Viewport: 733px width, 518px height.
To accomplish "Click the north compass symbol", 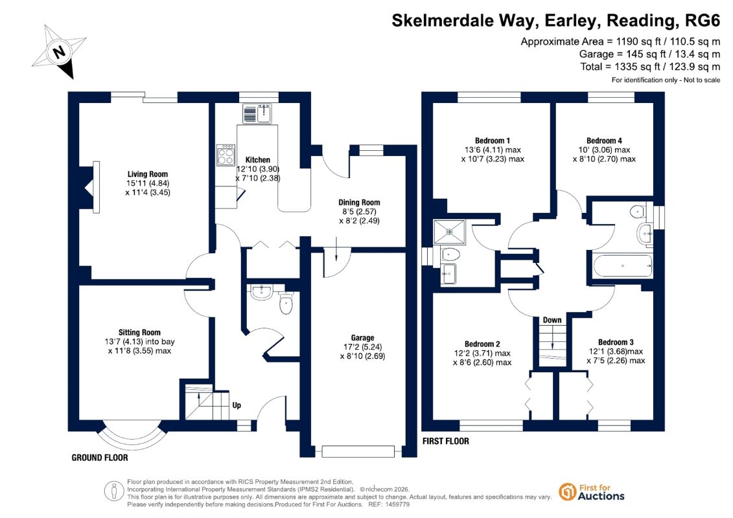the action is click(60, 51).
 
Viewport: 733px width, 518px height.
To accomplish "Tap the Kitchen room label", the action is click(257, 160).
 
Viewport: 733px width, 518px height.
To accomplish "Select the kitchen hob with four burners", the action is click(226, 155).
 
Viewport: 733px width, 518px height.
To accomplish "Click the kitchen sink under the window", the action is click(257, 113).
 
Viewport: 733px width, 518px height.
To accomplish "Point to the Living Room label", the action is click(147, 174).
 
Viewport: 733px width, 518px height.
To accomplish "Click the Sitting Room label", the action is click(139, 333).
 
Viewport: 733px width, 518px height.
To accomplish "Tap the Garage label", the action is click(362, 338).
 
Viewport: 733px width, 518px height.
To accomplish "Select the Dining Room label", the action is click(359, 202).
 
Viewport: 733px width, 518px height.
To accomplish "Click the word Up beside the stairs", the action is click(237, 405).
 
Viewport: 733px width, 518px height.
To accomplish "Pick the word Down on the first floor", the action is click(552, 320).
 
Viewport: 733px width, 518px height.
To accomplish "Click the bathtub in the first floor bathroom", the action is click(622, 265).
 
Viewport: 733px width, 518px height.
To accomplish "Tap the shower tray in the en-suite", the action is click(449, 232).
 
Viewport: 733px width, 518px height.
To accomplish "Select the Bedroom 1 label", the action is click(493, 141).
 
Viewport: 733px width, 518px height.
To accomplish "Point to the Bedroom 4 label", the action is click(604, 141).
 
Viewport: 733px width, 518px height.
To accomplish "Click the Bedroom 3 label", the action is click(616, 343).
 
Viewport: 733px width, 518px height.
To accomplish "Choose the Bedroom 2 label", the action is click(482, 344).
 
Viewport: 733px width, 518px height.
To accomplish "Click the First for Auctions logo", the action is click(591, 492).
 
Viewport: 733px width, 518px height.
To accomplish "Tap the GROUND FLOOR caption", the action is click(100, 458).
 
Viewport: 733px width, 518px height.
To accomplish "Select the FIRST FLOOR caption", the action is click(445, 442).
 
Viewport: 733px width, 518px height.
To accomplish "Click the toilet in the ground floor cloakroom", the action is click(286, 302).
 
